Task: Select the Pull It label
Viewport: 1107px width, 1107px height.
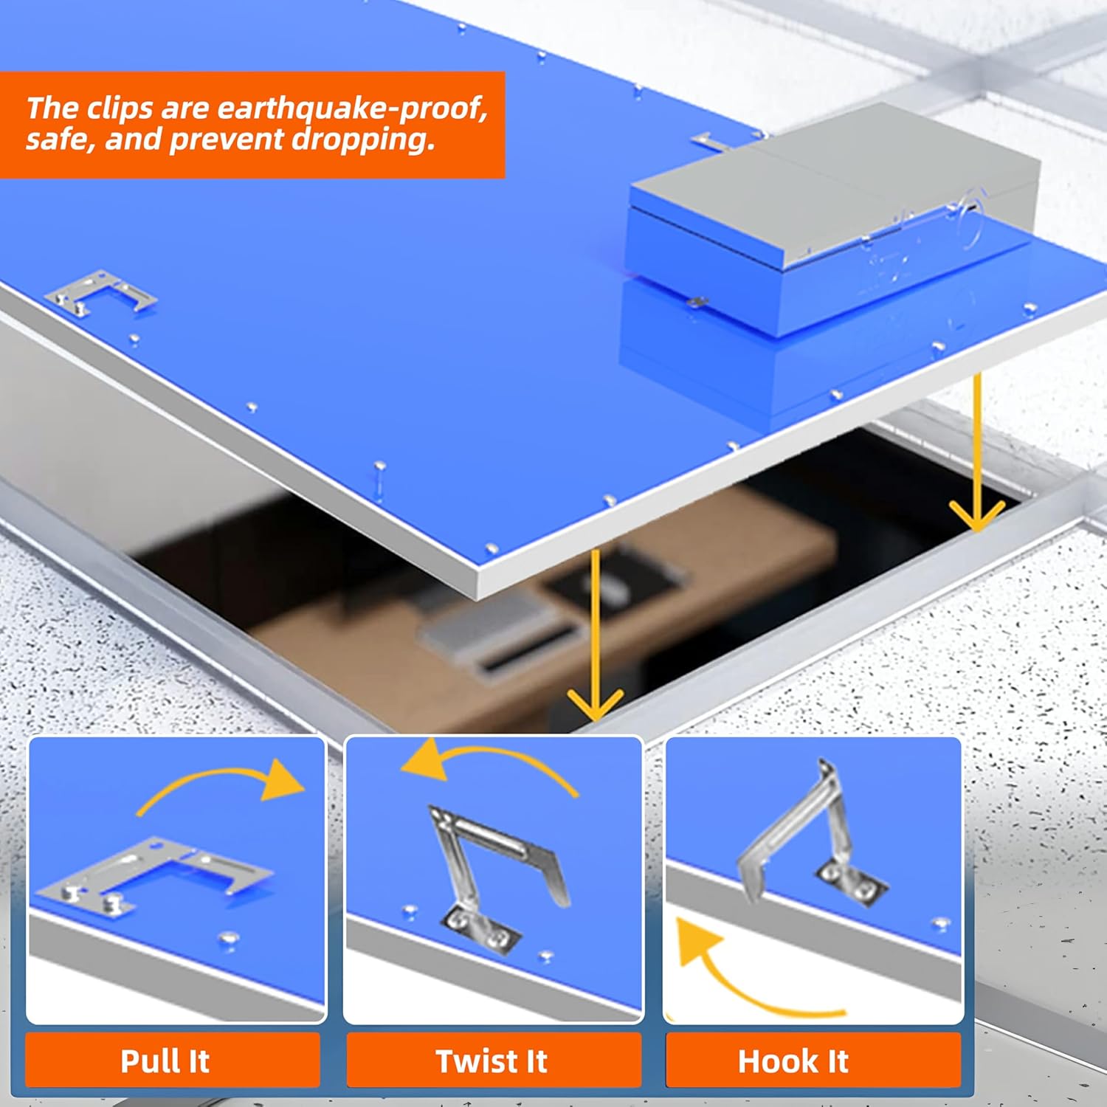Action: pyautogui.click(x=165, y=1061)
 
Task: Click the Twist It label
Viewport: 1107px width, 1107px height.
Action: pyautogui.click(x=492, y=1061)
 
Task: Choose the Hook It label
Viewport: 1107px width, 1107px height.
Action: pyautogui.click(x=793, y=1061)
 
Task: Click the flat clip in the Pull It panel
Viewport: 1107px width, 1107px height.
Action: pyautogui.click(x=155, y=875)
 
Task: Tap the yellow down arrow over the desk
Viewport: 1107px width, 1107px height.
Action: pyautogui.click(x=595, y=635)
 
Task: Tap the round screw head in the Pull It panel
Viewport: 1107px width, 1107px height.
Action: pyautogui.click(x=229, y=939)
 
